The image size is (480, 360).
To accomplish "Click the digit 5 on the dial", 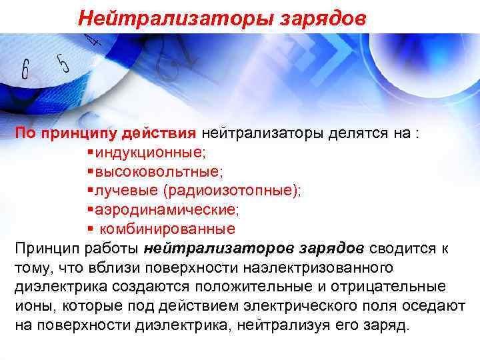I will (64, 63).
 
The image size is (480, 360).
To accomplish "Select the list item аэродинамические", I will (166, 210).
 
